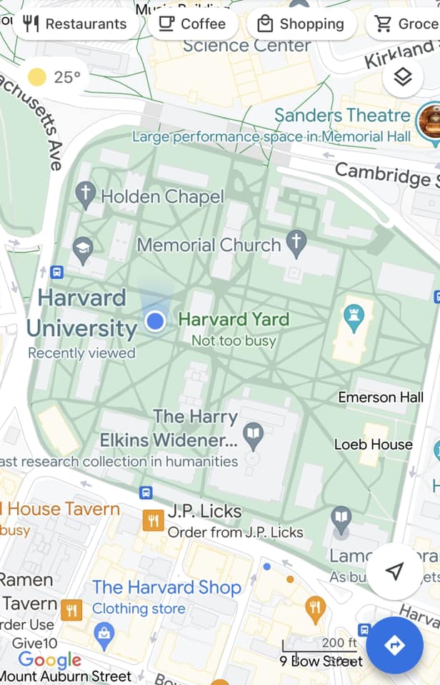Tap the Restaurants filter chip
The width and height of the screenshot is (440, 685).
point(74,24)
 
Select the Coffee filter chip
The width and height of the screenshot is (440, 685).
point(191,24)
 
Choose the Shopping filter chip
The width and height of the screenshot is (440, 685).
point(301,24)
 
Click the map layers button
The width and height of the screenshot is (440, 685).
point(403,77)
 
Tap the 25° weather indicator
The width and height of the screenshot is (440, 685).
point(54,77)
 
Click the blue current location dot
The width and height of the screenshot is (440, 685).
point(155,321)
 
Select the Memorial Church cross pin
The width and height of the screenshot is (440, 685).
point(296,243)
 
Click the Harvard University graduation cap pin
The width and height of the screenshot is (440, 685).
point(84,249)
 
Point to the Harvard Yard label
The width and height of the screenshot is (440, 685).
point(233,320)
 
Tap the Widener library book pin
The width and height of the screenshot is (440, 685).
point(253,432)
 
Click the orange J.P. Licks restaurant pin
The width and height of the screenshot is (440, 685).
point(153,520)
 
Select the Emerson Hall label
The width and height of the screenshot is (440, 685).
point(381,397)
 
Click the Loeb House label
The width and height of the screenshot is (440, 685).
point(373,445)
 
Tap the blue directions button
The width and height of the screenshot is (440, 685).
point(394,645)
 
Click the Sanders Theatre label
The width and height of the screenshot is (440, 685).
point(342,116)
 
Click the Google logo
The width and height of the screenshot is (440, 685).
point(50,660)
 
